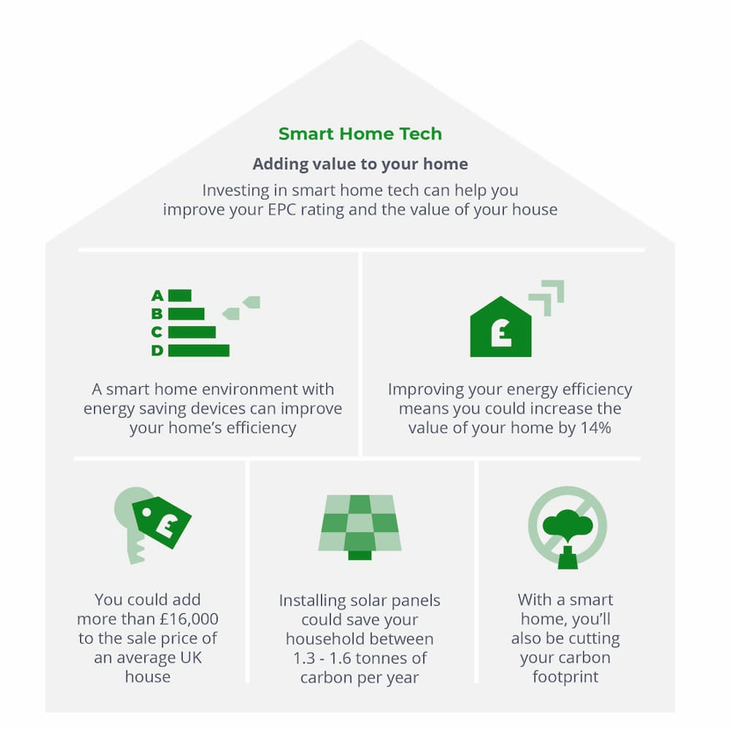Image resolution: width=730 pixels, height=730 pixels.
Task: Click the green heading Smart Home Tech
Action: [x=360, y=134]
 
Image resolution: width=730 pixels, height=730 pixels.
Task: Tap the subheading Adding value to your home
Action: [x=360, y=164]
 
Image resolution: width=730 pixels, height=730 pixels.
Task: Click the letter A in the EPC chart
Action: [x=157, y=295]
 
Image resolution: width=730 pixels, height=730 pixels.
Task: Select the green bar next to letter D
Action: [x=199, y=350]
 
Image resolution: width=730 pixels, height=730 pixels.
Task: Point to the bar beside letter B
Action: [x=187, y=314]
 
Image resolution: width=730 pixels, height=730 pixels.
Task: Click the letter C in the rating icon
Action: [x=157, y=332]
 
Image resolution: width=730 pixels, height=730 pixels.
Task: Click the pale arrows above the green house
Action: [x=547, y=297]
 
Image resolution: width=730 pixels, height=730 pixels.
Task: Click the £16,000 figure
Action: [x=189, y=619]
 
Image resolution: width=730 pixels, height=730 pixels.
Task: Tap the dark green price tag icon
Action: [x=161, y=522]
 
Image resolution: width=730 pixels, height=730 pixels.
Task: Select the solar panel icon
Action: [x=360, y=527]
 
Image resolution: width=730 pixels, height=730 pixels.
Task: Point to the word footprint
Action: [x=565, y=676]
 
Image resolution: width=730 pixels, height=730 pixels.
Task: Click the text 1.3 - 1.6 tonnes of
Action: [x=360, y=658]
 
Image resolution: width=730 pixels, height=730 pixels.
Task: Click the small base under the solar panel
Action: [x=360, y=555]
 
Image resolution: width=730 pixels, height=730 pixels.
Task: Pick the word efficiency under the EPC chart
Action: [x=261, y=427]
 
